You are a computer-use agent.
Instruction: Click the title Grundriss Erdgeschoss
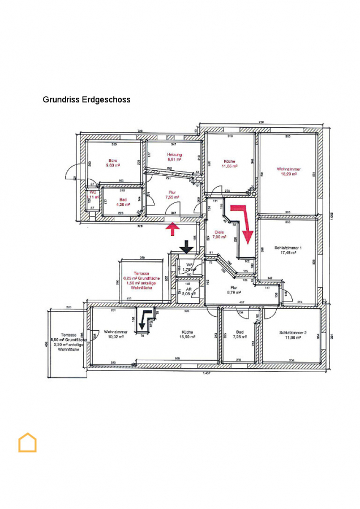(x=87, y=100)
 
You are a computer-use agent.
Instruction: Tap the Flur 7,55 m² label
(x=171, y=195)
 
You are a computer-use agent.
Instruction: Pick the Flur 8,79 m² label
(x=233, y=290)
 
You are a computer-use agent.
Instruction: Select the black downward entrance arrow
(x=186, y=247)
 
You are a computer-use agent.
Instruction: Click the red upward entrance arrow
(x=173, y=228)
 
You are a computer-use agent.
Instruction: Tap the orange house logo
(x=27, y=442)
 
